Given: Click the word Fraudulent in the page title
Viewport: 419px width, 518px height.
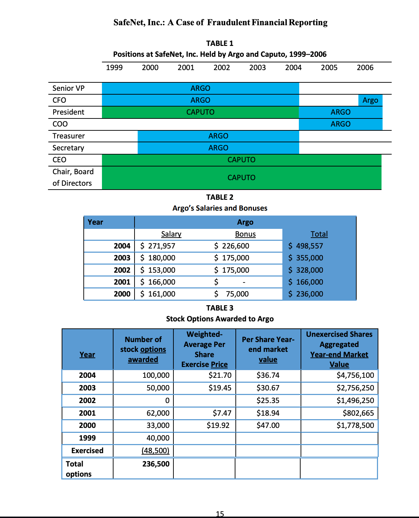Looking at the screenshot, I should click(228, 22).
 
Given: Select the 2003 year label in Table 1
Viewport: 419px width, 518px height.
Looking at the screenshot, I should click(257, 68).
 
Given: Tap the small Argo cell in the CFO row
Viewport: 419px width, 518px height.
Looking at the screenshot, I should click(370, 100).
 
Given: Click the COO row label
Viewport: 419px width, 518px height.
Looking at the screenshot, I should click(60, 124).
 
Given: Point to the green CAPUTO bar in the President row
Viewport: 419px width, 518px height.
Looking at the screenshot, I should click(200, 112).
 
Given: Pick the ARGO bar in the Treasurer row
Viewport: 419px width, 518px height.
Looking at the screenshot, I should click(218, 136).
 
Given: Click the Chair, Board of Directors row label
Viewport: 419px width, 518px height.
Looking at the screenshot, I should click(73, 177).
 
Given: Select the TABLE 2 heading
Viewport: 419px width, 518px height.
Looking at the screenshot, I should click(220, 197).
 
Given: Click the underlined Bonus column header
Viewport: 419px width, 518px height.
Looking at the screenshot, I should click(245, 234).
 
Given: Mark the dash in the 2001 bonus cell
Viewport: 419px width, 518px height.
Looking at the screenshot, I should click(244, 282).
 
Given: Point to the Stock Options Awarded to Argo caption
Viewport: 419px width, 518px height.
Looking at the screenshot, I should click(220, 319).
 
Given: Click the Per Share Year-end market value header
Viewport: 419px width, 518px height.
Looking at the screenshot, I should click(268, 349).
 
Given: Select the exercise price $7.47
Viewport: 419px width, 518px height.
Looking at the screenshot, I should click(222, 413).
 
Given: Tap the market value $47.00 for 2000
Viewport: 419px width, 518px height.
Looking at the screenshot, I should click(268, 425).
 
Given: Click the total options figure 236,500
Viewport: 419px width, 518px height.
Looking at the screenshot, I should click(156, 464).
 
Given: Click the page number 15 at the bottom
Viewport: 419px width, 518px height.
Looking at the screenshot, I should click(220, 514).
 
